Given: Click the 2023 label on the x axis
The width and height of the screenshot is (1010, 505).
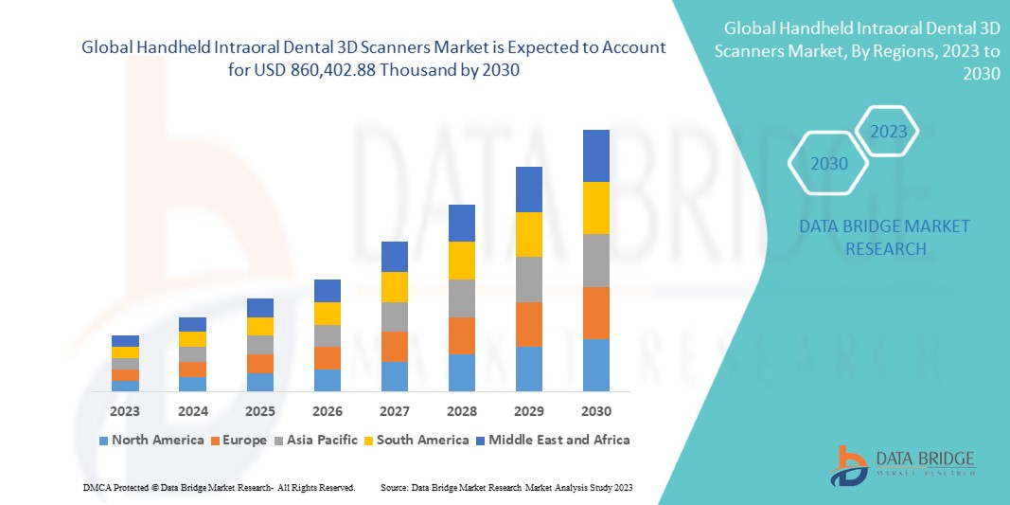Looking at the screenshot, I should coord(125,411).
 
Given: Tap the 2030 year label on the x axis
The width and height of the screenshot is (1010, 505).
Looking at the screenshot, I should coord(595,411).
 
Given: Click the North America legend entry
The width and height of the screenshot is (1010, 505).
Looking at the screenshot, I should coord(151,440).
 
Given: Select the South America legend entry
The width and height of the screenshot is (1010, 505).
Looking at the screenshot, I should coord(417,440).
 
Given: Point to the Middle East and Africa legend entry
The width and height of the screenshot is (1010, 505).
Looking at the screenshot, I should coord(553,440).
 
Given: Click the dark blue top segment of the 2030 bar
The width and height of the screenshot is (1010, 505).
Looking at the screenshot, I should coord(595,155).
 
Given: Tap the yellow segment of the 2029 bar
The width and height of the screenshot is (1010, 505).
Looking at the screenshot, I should coord(528,234).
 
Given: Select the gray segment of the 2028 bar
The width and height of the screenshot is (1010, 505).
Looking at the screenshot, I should coord(461,298).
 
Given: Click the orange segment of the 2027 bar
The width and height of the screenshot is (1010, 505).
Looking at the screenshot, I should coord(394,346).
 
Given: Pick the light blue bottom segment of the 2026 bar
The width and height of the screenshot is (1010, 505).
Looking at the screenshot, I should coord(327,380).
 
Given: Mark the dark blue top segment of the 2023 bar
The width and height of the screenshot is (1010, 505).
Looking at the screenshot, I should coord(125,341).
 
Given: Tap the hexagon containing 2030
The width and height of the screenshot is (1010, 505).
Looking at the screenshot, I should coord(828,164).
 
